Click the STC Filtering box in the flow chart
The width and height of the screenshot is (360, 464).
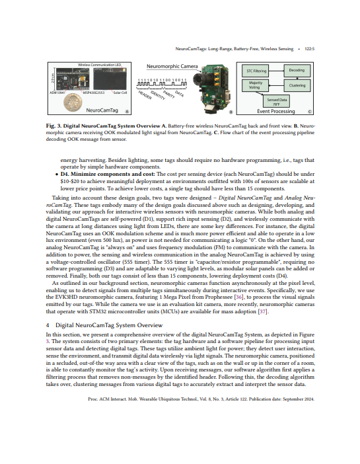[256, 69]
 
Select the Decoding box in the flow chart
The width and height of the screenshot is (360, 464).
[297, 69]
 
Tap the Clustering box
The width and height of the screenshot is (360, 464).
[297, 85]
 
